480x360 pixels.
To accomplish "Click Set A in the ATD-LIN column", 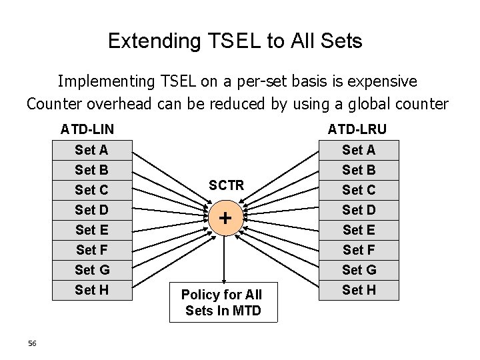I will [x=92, y=150].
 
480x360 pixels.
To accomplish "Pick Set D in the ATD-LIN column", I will [x=92, y=210].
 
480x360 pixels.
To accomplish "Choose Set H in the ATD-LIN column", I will [x=92, y=290].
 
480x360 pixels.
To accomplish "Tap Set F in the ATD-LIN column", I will [x=92, y=250].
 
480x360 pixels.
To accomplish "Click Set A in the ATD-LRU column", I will [x=359, y=150].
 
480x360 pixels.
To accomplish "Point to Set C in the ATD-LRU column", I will [x=359, y=190].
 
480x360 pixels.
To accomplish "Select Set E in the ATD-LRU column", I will [x=359, y=230].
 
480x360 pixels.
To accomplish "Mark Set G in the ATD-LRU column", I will [x=359, y=270].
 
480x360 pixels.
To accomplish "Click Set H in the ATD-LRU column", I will [x=359, y=290].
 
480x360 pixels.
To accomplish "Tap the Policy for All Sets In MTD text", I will [x=223, y=302].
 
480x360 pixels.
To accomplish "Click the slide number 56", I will [x=33, y=343].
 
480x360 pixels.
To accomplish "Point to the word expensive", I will [x=377, y=81].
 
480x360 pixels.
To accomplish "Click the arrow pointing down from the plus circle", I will [x=225, y=257].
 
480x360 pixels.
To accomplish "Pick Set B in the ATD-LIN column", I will [x=92, y=170].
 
